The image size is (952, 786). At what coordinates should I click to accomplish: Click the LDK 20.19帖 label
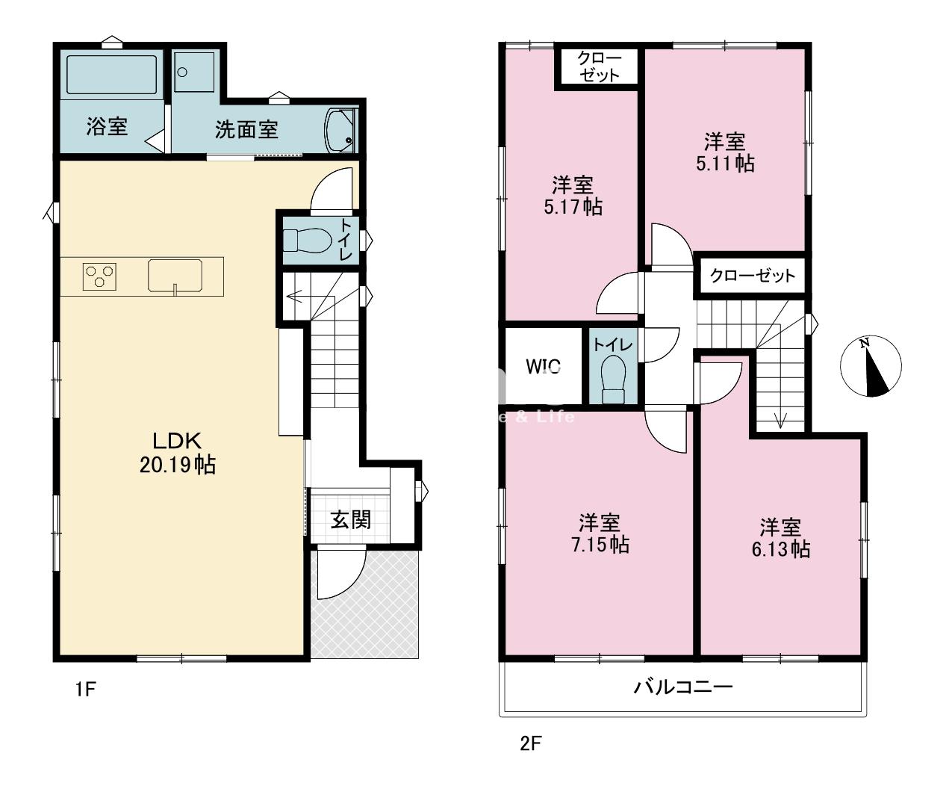178,453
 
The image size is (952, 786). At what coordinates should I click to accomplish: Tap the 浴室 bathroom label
106,126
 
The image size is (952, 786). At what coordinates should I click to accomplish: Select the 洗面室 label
247,130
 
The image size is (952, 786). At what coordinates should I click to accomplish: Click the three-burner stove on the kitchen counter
100,276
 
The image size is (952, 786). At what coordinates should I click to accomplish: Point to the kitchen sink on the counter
175,276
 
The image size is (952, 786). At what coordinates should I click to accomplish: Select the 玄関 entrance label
351,519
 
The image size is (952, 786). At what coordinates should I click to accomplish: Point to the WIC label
543,367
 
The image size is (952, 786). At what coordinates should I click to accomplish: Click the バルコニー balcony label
683,686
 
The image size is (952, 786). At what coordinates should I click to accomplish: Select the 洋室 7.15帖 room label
600,533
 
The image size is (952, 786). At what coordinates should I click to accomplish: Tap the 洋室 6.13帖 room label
781,538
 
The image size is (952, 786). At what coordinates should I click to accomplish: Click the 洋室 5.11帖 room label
724,152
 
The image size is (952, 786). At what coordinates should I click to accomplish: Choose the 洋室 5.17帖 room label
573,196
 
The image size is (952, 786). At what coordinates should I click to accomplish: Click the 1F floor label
86,689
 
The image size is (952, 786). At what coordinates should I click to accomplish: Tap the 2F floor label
530,743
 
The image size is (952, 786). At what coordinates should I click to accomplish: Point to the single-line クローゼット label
753,276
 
